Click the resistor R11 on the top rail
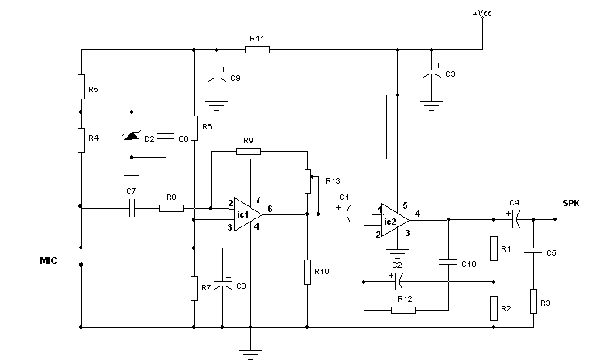257,49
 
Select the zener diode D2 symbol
132,134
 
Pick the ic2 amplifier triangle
395,220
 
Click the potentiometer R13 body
308,181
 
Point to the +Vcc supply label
482,13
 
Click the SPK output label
570,203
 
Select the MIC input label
48,260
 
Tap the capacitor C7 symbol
132,208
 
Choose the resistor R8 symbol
172,208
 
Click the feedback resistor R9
248,152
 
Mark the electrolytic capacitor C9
217,76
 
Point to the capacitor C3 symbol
431,72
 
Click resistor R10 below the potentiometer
307,272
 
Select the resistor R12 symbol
404,310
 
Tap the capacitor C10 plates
448,262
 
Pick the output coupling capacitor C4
515,219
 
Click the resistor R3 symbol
533,301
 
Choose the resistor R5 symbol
81,87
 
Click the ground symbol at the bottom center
250,354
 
